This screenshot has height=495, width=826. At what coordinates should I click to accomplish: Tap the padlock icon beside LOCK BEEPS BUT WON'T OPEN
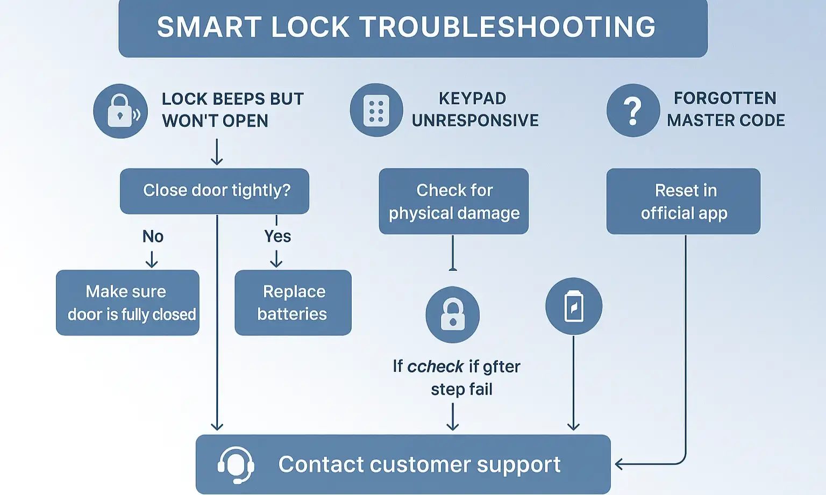[x=120, y=111]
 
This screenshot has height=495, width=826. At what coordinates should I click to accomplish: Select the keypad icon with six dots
[x=376, y=110]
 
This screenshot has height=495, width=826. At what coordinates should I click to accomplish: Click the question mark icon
[x=633, y=110]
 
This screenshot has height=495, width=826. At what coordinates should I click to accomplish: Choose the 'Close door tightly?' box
[x=215, y=191]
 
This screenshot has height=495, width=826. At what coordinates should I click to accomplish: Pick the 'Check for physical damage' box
[x=453, y=202]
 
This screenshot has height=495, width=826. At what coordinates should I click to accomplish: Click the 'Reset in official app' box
[x=683, y=202]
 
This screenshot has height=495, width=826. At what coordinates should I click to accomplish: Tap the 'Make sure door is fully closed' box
[x=127, y=303]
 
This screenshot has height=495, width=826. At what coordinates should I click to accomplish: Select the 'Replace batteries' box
[x=293, y=303]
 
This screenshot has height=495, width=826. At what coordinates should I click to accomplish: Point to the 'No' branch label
[x=153, y=236]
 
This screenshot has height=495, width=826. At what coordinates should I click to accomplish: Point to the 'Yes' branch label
[x=277, y=236]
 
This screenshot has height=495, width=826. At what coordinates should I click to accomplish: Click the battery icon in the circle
[x=574, y=306]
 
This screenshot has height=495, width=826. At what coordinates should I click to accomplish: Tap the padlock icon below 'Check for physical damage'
[x=452, y=314]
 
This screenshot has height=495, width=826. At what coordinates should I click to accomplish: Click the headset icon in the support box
[x=236, y=464]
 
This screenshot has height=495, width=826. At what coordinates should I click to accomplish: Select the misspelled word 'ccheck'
[x=435, y=367]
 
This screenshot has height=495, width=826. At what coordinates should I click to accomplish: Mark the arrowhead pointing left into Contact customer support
[x=619, y=464]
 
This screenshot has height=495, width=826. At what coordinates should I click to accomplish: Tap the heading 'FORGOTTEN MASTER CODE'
[x=725, y=109]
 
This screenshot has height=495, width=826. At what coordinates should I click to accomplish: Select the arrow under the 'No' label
[x=152, y=261]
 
